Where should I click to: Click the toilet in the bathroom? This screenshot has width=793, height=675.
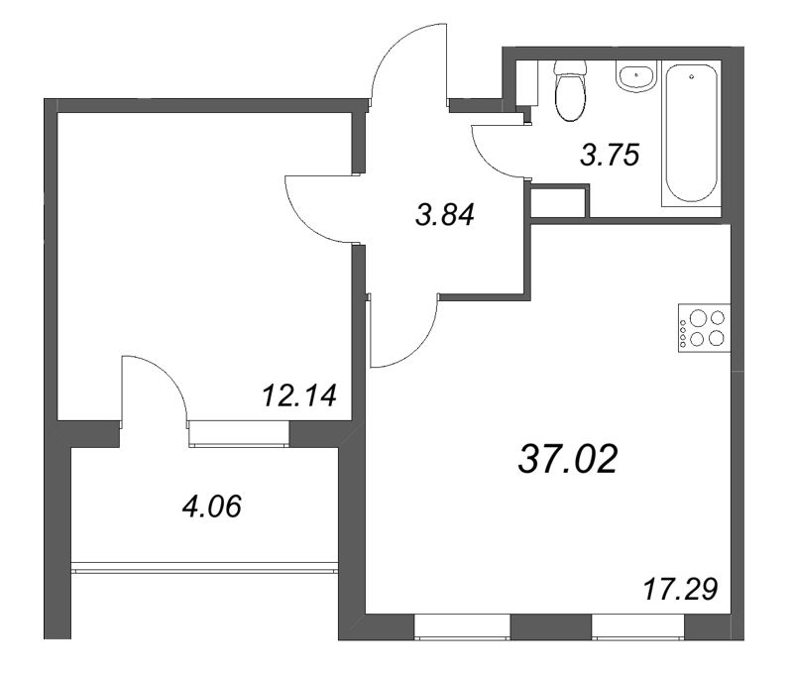(570, 90)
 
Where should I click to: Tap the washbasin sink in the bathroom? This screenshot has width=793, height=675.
(636, 76)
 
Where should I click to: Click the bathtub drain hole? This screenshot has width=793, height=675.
(691, 77)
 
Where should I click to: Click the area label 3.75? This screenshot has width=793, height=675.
(610, 155)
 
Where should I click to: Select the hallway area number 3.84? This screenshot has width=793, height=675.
(445, 214)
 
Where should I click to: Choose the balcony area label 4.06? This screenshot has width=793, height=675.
(212, 506)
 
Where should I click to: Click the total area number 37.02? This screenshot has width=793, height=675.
(568, 459)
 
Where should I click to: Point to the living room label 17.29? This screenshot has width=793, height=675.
(680, 589)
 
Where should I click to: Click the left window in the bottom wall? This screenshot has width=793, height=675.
(462, 626)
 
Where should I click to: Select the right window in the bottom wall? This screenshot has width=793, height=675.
(638, 626)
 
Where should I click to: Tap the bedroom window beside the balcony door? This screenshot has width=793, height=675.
(239, 433)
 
